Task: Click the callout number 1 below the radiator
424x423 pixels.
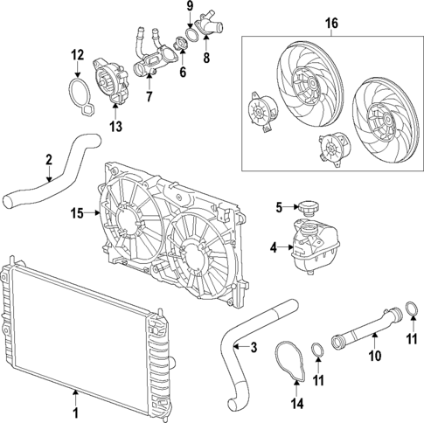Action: coord(76,412)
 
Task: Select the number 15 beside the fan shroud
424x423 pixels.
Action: coord(76,212)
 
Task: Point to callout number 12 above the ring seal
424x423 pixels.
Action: coord(77,56)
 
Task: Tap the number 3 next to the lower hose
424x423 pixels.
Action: coord(254,348)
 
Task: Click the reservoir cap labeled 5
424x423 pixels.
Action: coord(307,209)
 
